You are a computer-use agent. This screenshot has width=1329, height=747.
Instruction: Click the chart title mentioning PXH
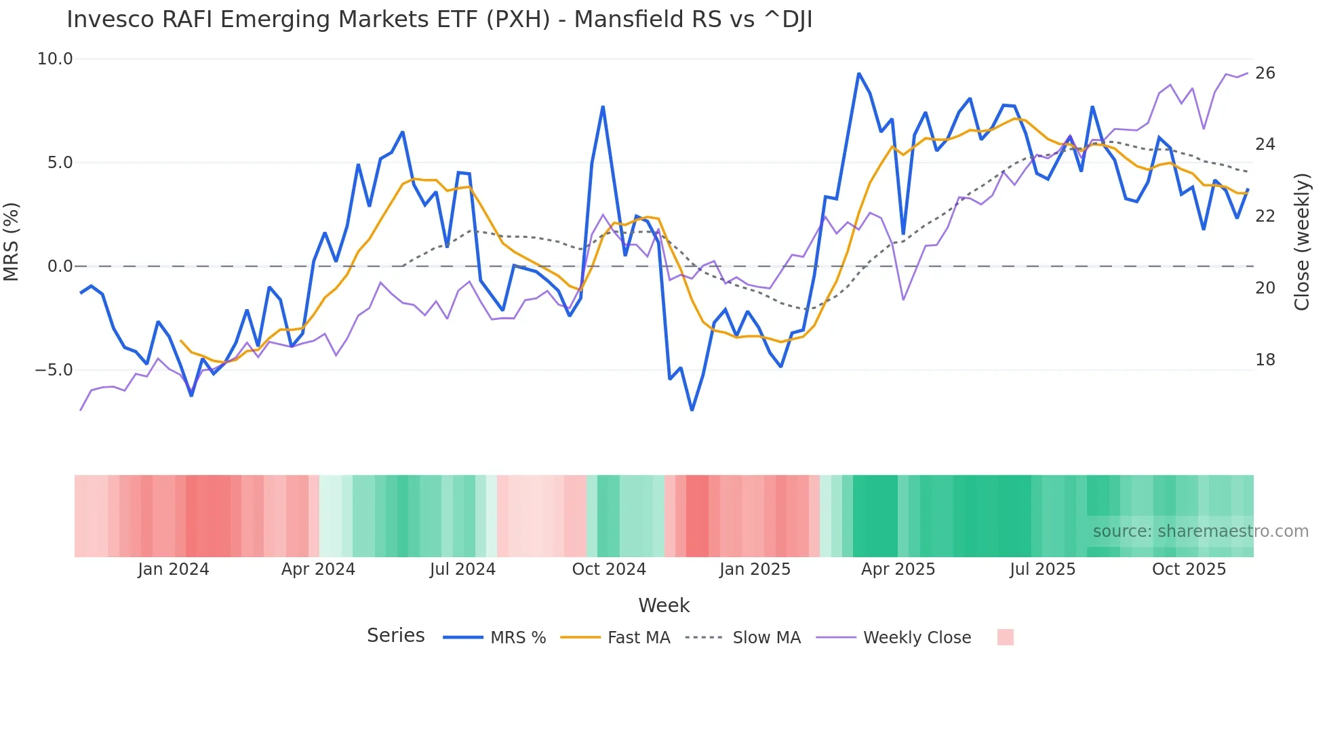point(439,20)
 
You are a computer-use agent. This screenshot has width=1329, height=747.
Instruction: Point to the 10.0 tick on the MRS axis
point(54,59)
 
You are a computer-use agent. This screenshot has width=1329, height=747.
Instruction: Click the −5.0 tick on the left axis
point(54,370)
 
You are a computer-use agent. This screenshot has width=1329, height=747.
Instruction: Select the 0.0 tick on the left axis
point(60,266)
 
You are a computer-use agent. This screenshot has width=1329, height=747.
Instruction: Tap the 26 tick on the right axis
point(1265,73)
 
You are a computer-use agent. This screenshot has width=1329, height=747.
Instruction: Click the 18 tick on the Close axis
point(1265,360)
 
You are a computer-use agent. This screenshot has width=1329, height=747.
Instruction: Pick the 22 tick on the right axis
point(1265,216)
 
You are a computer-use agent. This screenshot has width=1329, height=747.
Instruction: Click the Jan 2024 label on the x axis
point(173,569)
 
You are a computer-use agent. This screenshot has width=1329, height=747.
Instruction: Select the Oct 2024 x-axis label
point(609,569)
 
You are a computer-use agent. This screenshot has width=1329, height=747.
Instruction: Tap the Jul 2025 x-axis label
point(1042,569)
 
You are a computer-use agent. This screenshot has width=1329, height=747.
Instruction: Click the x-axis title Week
point(664,605)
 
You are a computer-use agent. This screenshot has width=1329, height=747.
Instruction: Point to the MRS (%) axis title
point(12,241)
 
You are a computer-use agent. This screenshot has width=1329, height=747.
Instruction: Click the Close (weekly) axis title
point(1301,242)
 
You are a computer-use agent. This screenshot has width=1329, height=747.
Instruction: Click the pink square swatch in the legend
point(1006,637)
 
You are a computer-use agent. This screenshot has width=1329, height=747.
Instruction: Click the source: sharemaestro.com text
point(1200,531)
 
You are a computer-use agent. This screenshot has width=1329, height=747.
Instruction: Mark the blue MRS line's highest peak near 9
point(858,73)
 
